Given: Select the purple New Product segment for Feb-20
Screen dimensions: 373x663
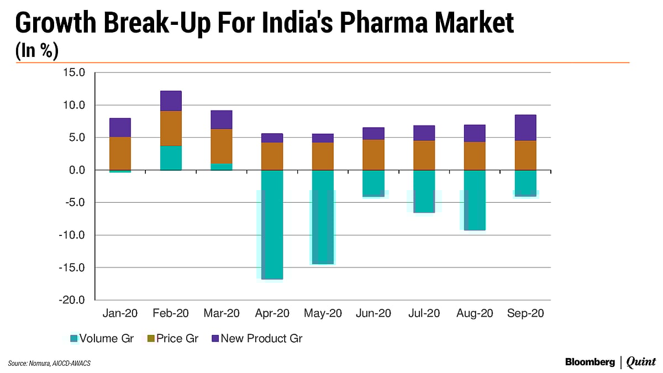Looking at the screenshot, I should coord(171,101).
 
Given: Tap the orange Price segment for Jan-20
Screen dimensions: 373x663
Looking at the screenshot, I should coord(120,153).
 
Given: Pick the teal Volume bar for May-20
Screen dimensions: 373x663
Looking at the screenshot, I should coord(323,217).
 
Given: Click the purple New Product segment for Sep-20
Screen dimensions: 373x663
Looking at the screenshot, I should coord(525,128).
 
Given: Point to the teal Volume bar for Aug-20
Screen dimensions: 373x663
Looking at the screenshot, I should coord(475,199).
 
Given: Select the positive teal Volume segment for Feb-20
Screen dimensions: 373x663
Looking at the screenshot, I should coord(171,157).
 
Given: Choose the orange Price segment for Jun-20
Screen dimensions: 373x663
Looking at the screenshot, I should coord(373,155).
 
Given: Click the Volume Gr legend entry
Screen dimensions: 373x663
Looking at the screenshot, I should coord(102,338).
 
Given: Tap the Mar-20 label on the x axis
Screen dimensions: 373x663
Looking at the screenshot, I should coord(221,313).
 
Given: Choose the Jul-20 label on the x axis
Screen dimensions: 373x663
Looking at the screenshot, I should coord(424,313).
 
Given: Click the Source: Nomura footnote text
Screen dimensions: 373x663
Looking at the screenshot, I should coord(50,363).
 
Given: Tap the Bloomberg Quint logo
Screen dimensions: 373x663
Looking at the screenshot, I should coord(610,362).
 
